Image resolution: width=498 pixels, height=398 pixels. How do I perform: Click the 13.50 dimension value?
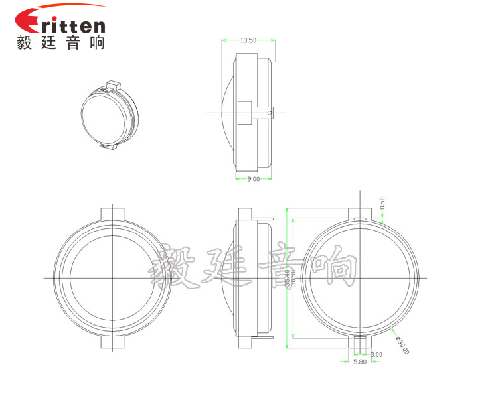tap(248, 40)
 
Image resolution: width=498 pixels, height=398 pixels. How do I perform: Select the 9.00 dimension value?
tap(253, 180)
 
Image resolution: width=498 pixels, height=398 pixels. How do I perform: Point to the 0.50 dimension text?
tap(382, 203)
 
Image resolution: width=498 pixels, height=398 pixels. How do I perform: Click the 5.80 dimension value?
tap(359, 362)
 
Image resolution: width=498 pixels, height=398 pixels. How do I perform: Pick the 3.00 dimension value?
tap(376, 355)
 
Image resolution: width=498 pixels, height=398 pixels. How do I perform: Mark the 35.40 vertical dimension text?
tap(287, 278)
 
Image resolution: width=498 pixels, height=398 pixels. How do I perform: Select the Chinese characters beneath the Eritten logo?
tap(60, 42)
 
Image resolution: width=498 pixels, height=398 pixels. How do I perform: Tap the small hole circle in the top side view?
tap(269, 113)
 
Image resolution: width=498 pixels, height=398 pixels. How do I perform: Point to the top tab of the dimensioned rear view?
tap(362, 214)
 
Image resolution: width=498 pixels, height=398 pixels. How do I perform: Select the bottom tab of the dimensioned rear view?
tap(362, 342)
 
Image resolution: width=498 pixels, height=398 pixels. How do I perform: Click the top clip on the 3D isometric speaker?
tap(112, 84)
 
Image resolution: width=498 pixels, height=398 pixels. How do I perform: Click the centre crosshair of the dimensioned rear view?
tap(362, 277)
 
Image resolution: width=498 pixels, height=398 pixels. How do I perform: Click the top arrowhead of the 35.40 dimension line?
tap(286, 210)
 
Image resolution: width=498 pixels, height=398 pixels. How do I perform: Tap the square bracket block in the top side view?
tap(244, 112)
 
